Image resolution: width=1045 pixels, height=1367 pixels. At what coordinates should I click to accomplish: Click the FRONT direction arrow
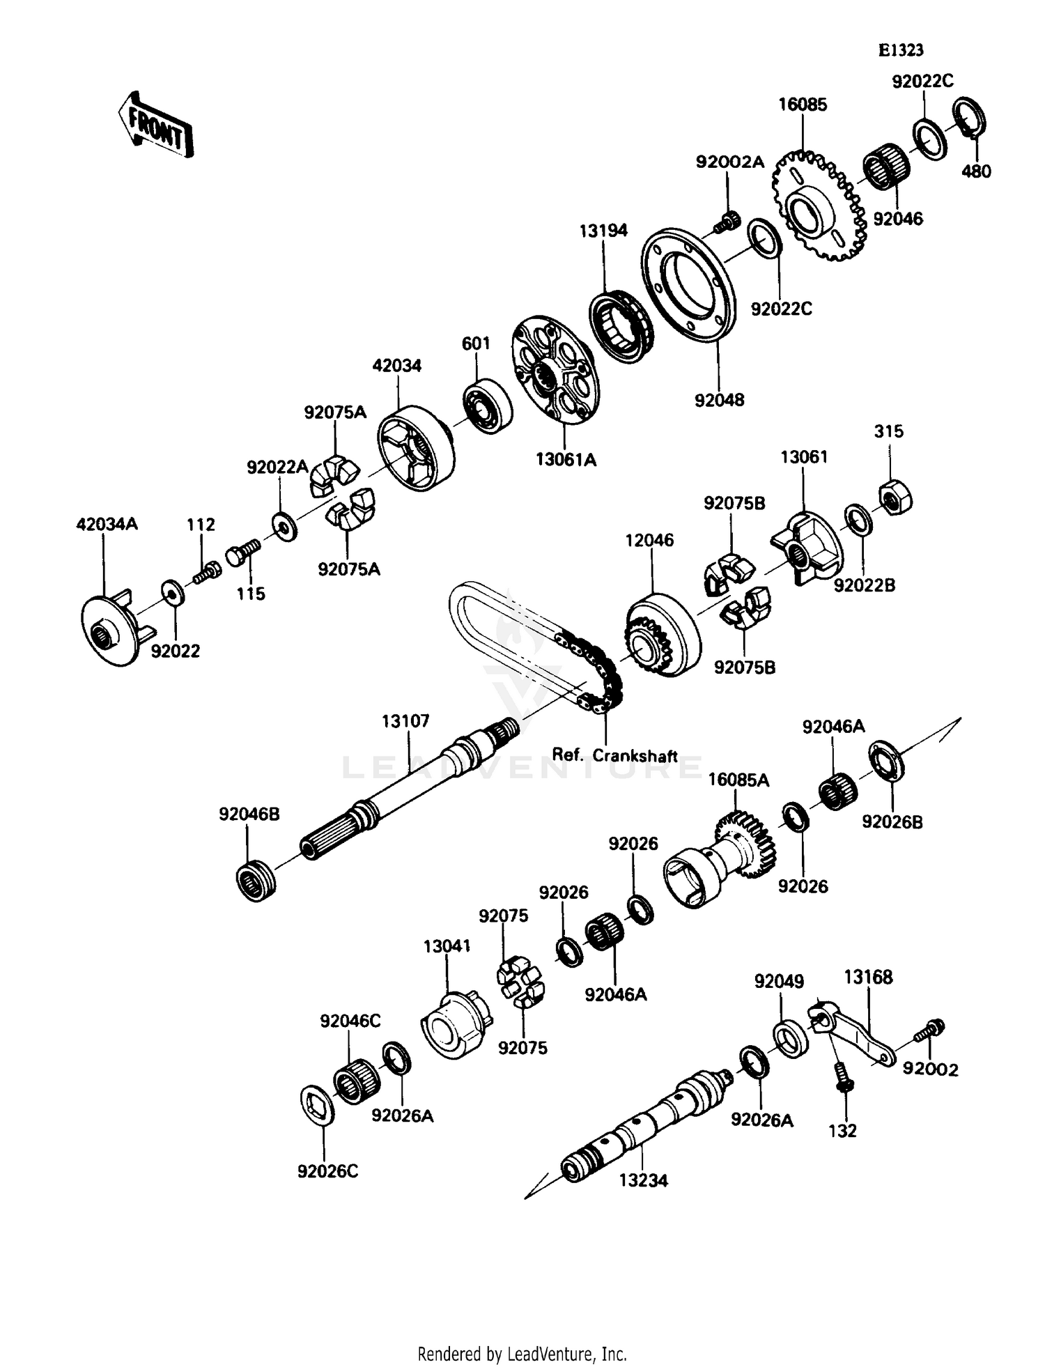coord(155,124)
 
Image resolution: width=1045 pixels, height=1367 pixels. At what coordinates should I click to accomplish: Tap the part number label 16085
coord(803,105)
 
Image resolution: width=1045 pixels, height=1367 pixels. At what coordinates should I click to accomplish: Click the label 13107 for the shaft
coord(405,721)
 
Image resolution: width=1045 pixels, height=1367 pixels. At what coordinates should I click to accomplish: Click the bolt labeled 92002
coord(931,1030)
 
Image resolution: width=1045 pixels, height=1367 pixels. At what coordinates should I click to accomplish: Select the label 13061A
coord(566,460)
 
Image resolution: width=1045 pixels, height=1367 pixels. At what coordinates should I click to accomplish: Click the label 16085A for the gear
coord(738,780)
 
